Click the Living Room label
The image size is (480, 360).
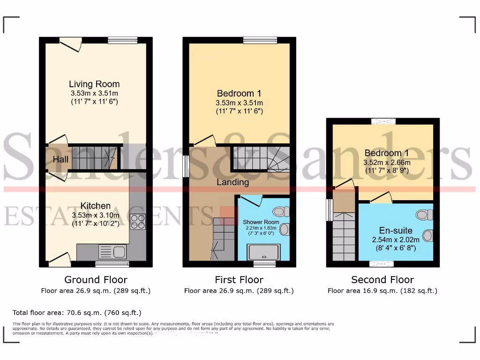[x=94, y=84]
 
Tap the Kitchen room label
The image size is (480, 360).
[x=96, y=206]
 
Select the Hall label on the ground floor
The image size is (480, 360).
[x=60, y=160]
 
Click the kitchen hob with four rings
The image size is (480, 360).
[x=138, y=221]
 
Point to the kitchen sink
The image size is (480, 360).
[x=112, y=252]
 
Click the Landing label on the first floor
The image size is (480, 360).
[x=232, y=182]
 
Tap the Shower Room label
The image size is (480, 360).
[x=261, y=222]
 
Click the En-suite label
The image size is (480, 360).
[x=396, y=231]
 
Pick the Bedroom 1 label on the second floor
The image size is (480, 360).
[x=383, y=153]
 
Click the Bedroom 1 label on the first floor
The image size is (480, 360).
[x=239, y=94]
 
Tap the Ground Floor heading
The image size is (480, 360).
[x=96, y=280]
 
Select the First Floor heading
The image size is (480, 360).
[x=239, y=280]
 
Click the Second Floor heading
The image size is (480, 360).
[x=382, y=280]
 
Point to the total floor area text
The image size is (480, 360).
[x=77, y=312]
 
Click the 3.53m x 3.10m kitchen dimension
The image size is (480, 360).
[x=96, y=215]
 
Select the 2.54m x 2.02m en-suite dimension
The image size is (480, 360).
[x=396, y=240]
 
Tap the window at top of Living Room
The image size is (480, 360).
[x=122, y=40]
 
